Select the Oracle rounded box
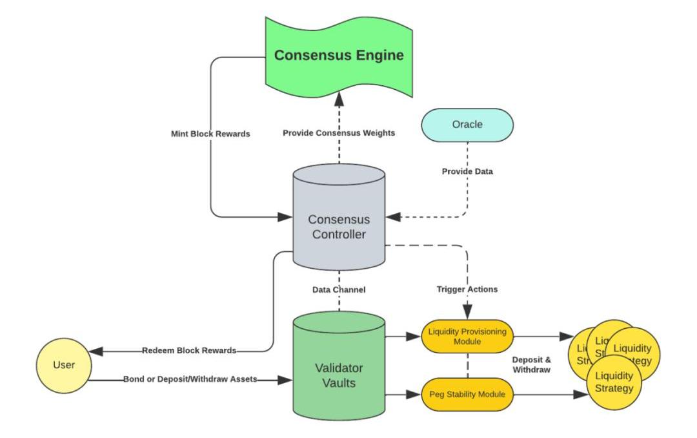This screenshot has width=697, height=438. coord(467,125)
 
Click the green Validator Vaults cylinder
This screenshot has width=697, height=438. coord(339,375)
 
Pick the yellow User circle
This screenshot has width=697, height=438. coord(63,365)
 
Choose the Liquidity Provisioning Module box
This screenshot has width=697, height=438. coord(467,336)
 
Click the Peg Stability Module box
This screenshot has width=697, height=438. coord(467,393)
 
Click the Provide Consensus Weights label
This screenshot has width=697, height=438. coord(339,133)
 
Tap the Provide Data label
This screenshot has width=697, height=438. coord(467,172)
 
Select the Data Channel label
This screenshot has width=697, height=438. coord(339,290)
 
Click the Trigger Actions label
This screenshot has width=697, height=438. coord(467,289)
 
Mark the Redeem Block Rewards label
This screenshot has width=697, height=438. coord(189,351)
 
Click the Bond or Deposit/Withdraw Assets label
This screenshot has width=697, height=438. coord(190,379)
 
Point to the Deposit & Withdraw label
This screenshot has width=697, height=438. coord(531,364)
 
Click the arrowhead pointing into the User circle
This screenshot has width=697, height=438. coord(95,351)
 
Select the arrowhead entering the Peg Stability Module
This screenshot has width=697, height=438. coord(416,393)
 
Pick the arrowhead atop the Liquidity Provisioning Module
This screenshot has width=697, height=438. coord(467,315)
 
